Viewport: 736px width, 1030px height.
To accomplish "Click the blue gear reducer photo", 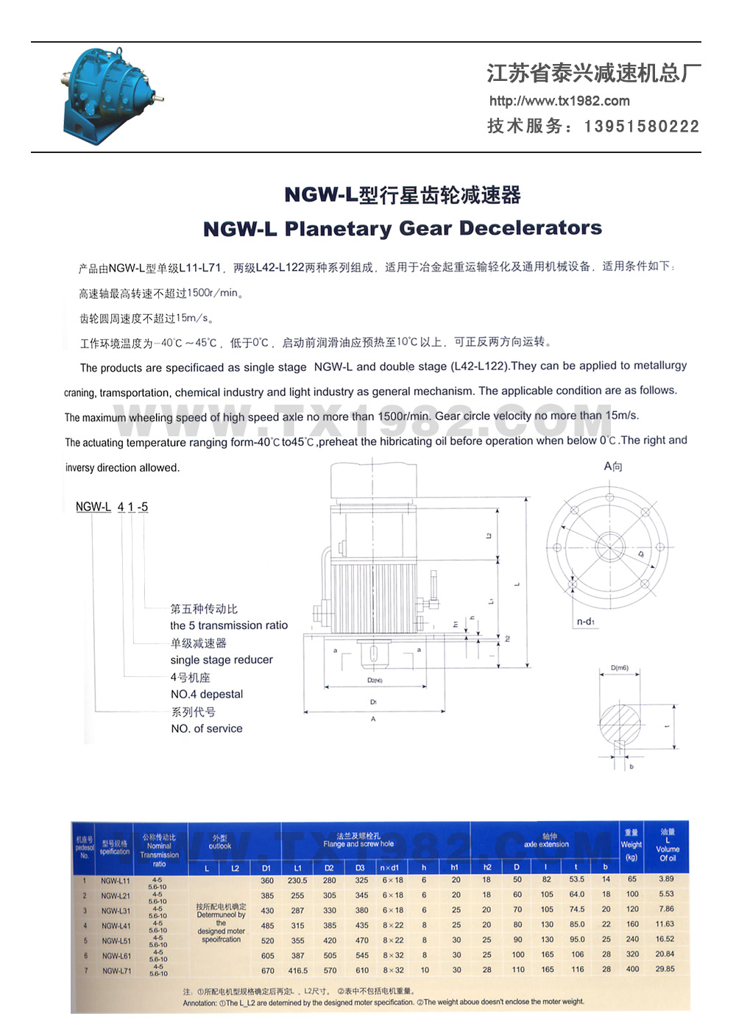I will tap(110, 96).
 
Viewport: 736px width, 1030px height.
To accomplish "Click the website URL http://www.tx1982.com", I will tap(559, 101).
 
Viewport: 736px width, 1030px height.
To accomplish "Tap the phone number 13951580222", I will tap(642, 127).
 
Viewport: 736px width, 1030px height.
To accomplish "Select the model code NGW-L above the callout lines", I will tap(93, 507).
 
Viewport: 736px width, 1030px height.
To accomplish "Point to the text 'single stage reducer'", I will tap(222, 660).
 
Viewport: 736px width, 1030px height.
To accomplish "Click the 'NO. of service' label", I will tap(207, 728).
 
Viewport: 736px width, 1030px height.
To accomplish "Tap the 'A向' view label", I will tap(613, 466).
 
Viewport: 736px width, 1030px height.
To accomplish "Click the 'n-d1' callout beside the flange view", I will tap(586, 622).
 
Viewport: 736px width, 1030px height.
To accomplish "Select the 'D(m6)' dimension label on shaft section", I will tap(620, 668).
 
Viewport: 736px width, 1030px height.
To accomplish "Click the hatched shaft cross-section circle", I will tap(620, 725).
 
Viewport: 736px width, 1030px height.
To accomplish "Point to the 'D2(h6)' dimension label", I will tap(375, 681).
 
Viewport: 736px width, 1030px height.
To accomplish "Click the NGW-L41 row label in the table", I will tap(116, 926).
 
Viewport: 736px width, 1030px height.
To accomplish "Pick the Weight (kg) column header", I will tap(631, 845).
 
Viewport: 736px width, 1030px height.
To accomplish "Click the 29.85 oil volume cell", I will tap(665, 969).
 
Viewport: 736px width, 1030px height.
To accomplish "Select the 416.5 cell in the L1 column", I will tap(298, 970).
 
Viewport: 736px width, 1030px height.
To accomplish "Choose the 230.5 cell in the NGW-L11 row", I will tap(297, 880).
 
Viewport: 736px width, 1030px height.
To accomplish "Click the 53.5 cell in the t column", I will tap(577, 879).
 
